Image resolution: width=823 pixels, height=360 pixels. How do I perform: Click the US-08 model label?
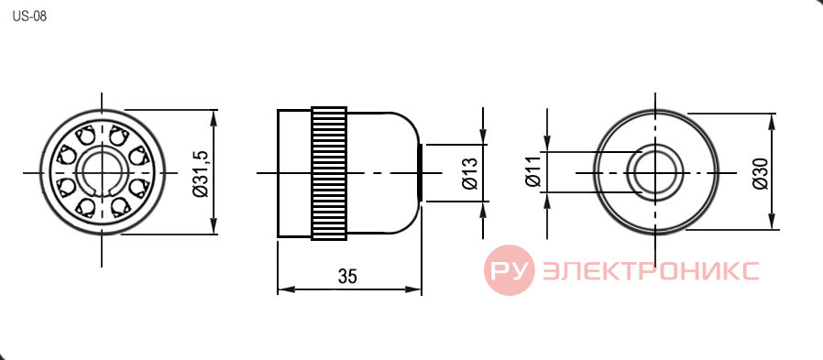click(x=29, y=16)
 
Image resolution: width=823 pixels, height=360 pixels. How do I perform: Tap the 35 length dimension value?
click(x=347, y=276)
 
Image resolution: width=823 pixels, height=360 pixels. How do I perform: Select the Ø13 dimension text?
click(x=470, y=172)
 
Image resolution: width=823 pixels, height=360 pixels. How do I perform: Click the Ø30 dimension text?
click(x=761, y=172)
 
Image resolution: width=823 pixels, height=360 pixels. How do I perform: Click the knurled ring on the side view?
click(x=329, y=173)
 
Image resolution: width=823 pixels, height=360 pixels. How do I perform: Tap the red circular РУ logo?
click(x=509, y=269)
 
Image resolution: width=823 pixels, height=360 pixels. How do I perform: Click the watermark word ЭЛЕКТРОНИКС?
click(x=651, y=271)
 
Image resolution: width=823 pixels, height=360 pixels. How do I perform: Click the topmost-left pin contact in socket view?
click(x=84, y=136)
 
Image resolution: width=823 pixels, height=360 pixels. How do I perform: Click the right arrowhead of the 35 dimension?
click(x=413, y=289)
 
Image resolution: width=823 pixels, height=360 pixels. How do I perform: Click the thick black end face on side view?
click(x=420, y=172)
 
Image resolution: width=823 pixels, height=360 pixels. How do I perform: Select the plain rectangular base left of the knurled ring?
click(x=294, y=173)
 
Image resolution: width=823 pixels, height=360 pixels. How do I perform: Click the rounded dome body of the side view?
click(x=383, y=173)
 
